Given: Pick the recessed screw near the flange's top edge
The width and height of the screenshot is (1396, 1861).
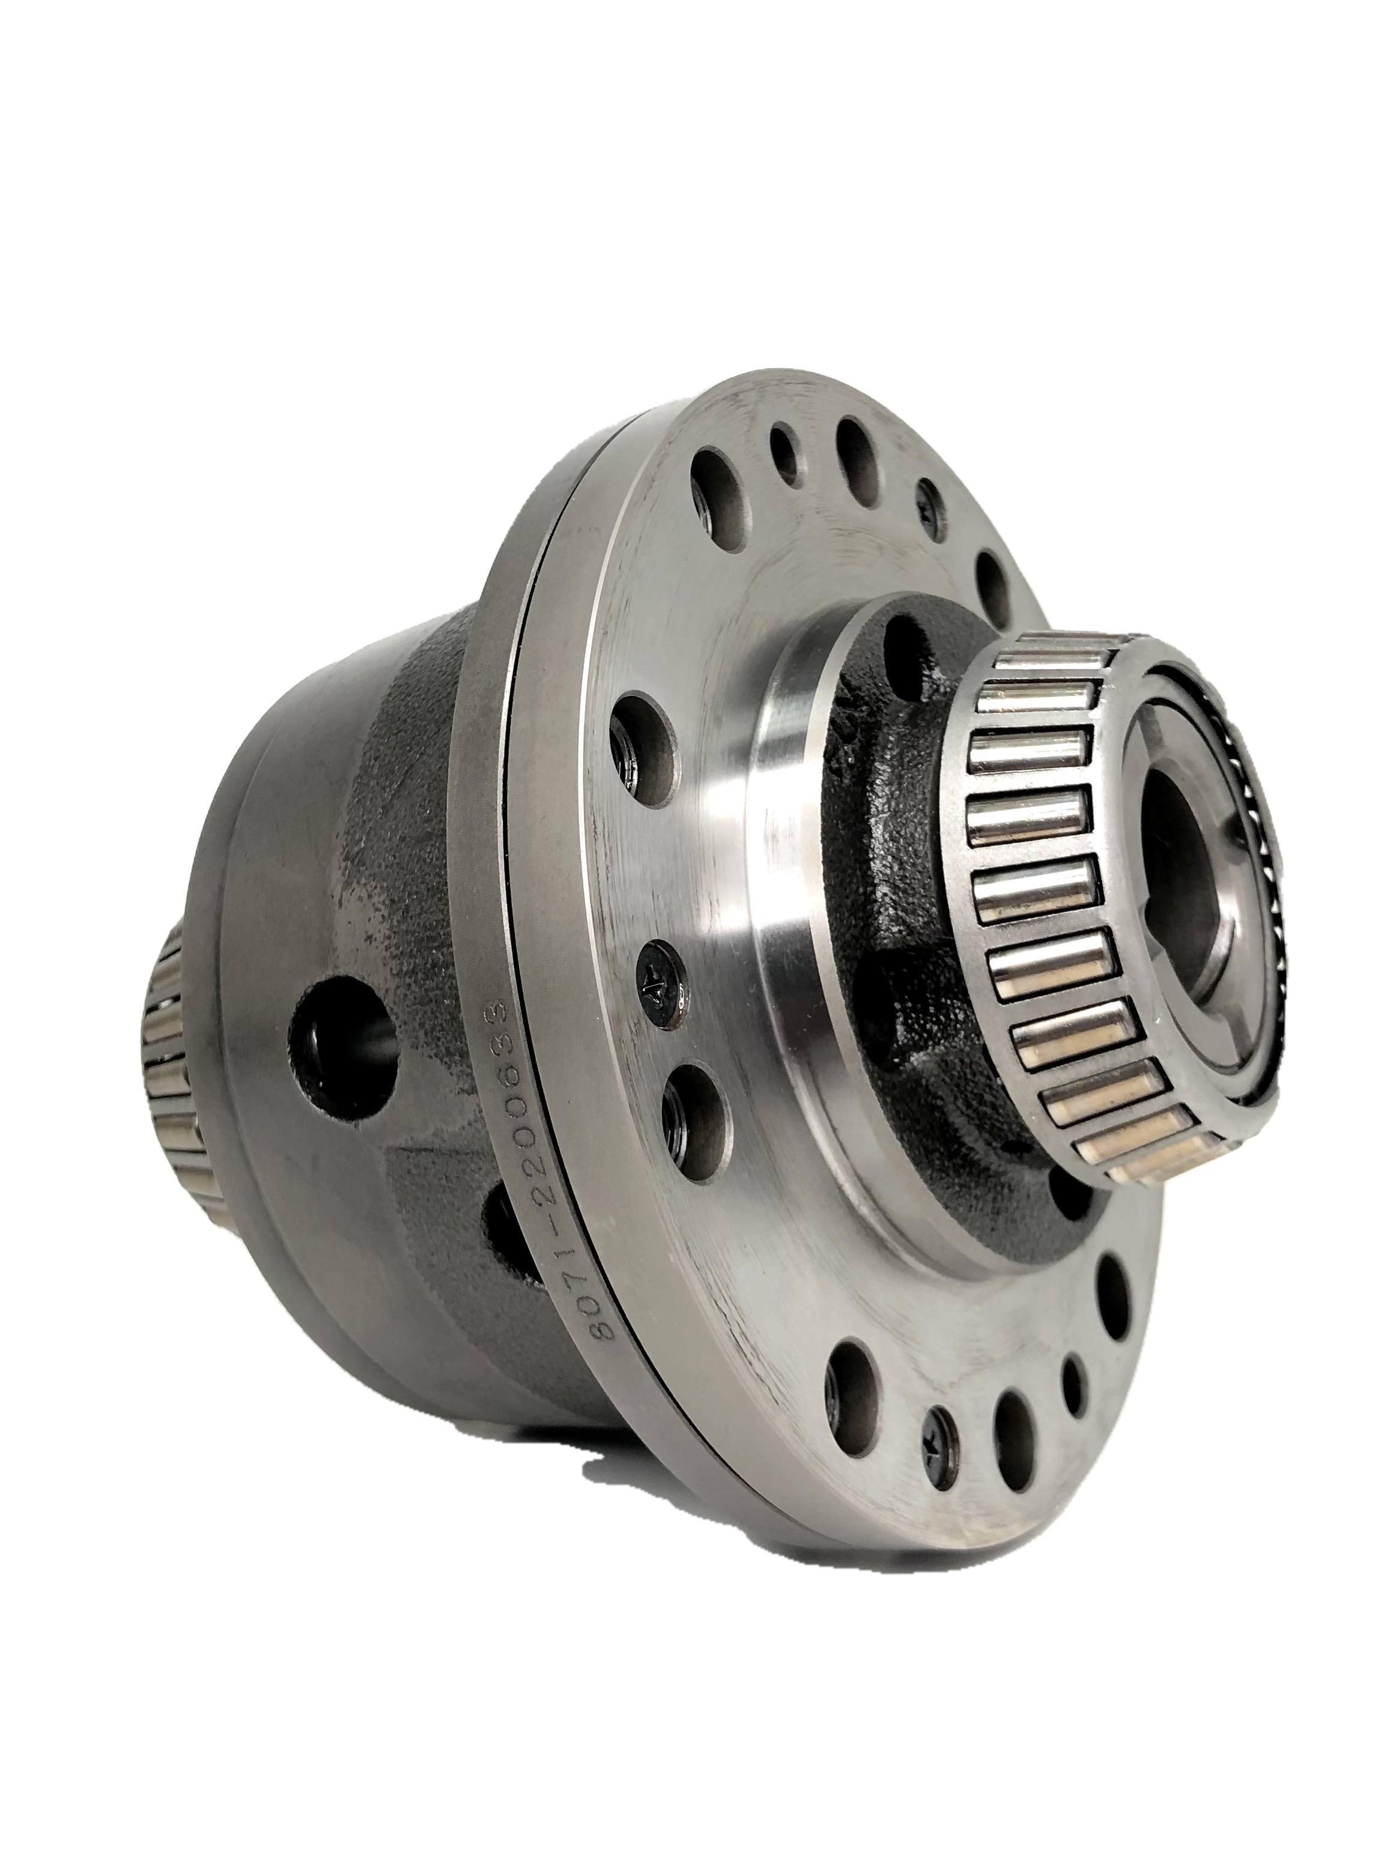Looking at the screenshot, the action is pyautogui.click(x=933, y=510).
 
